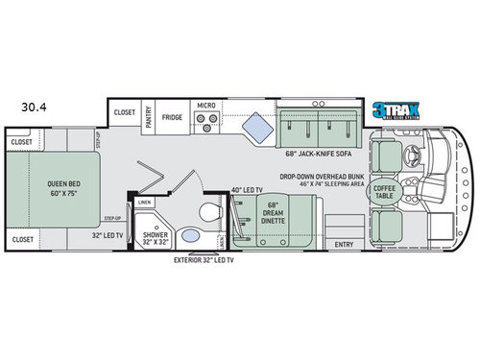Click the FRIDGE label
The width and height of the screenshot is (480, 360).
click(173, 117)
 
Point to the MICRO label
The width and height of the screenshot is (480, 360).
click(205, 106)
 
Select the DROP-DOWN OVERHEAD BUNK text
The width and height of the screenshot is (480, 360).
click(324, 177)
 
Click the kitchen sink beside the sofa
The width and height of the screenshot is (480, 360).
click(255, 126)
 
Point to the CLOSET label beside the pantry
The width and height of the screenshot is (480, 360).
click(124, 112)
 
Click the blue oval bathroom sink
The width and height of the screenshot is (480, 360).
click(189, 236)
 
